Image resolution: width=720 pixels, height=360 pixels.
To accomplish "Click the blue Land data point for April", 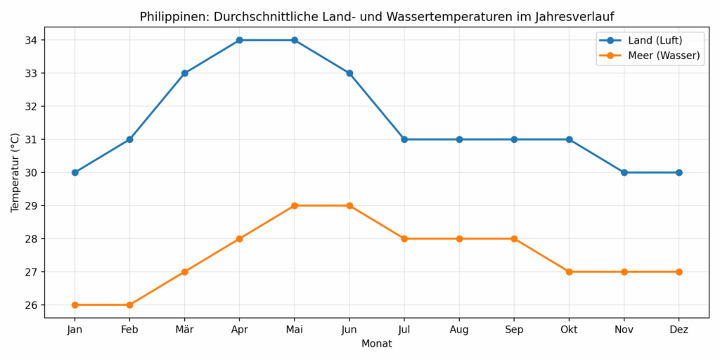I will point(240,40).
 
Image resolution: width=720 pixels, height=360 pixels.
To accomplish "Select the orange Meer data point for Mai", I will point(295,205).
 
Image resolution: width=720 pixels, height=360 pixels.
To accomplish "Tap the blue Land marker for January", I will point(75,172).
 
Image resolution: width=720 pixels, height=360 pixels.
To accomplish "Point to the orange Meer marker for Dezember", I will point(679,271).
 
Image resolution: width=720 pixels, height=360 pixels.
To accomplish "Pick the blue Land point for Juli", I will point(404,139).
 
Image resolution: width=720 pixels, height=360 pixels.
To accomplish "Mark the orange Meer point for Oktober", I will point(569,271).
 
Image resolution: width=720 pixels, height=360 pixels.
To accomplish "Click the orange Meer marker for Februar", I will point(130,304).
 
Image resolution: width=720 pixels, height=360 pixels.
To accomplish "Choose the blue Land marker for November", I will point(624,172).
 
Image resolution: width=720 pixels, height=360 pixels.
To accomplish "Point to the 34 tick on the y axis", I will point(30,40).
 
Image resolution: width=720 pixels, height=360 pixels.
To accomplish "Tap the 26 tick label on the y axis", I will point(30,305).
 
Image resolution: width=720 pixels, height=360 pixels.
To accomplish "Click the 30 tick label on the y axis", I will point(30,173).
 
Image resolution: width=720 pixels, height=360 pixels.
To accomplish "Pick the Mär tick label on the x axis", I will point(185,329).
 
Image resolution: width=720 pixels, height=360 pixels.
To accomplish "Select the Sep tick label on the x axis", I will point(514,329).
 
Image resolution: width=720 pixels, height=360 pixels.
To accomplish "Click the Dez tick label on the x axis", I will point(679,329).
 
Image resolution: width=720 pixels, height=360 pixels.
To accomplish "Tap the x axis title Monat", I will point(377,344).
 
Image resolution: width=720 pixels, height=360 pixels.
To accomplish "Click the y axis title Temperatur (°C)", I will point(15,172).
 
